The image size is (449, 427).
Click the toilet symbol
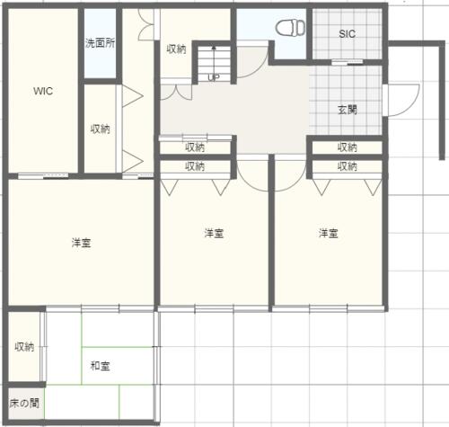tap(290, 28)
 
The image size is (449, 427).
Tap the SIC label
tap(348, 34)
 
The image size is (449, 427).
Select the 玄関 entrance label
tap(348, 110)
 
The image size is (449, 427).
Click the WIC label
tap(43, 91)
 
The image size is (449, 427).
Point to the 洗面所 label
tap(100, 43)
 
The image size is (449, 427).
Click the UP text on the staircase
tap(214, 77)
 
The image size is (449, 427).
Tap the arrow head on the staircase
tap(214, 48)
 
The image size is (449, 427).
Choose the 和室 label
tap(101, 366)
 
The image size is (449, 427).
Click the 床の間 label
tap(24, 404)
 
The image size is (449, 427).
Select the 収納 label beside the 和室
tap(24, 347)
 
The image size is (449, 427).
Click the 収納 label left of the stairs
tap(176, 49)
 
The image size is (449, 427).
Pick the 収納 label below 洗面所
tap(101, 129)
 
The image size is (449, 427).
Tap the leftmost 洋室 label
tap(82, 243)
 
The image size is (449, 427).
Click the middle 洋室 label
tap(214, 233)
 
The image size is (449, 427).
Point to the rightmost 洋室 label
tap(329, 233)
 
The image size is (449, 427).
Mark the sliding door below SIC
tap(348, 63)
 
